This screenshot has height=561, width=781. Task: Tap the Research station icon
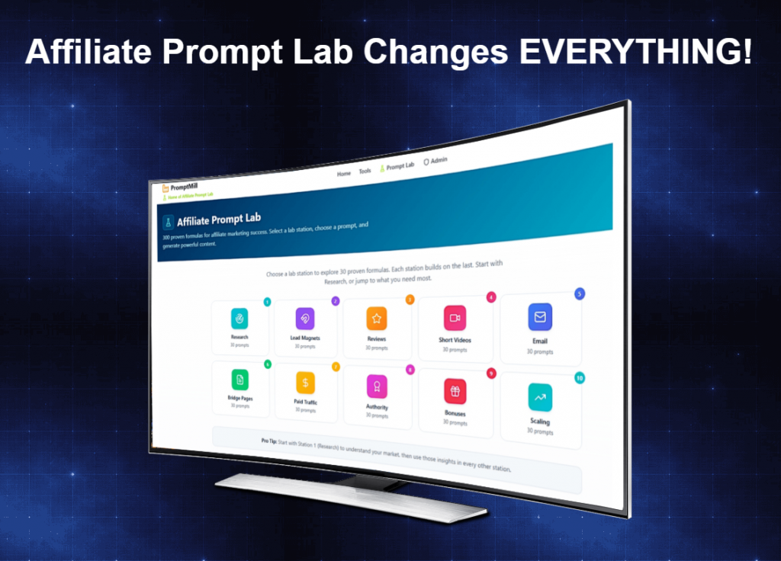coord(239,319)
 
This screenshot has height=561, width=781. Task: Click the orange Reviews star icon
coord(376,317)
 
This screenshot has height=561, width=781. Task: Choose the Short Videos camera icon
coord(455,317)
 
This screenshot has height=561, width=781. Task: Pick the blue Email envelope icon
coord(540,316)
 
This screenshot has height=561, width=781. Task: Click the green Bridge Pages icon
coord(240,379)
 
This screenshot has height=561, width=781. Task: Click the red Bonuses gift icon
coord(455,391)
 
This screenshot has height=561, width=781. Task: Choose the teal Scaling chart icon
coord(540,397)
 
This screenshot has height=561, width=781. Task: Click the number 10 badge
coord(580,378)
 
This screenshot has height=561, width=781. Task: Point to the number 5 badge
coord(580,293)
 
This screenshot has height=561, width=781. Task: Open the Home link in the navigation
coord(344,174)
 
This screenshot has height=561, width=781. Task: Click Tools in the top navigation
coord(365,171)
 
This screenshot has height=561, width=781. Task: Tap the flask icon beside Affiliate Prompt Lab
coord(168,223)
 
